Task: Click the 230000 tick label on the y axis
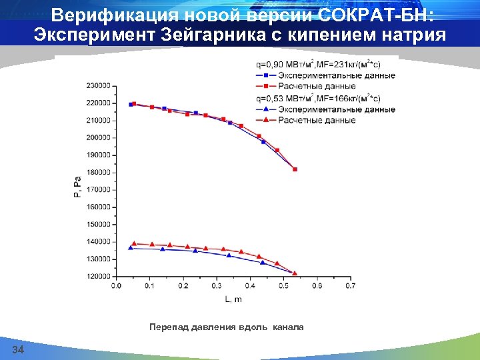(99, 86)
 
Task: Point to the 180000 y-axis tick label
(99, 173)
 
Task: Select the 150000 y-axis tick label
(99, 225)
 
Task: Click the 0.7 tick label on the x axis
(350, 287)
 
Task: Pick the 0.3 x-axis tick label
(217, 287)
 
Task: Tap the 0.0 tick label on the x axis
(116, 287)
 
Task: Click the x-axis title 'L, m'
(233, 299)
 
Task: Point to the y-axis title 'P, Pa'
(78, 186)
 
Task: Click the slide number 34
(18, 351)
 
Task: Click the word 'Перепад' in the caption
(169, 327)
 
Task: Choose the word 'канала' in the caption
(288, 327)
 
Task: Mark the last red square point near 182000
(295, 169)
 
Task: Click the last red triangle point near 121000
(295, 273)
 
